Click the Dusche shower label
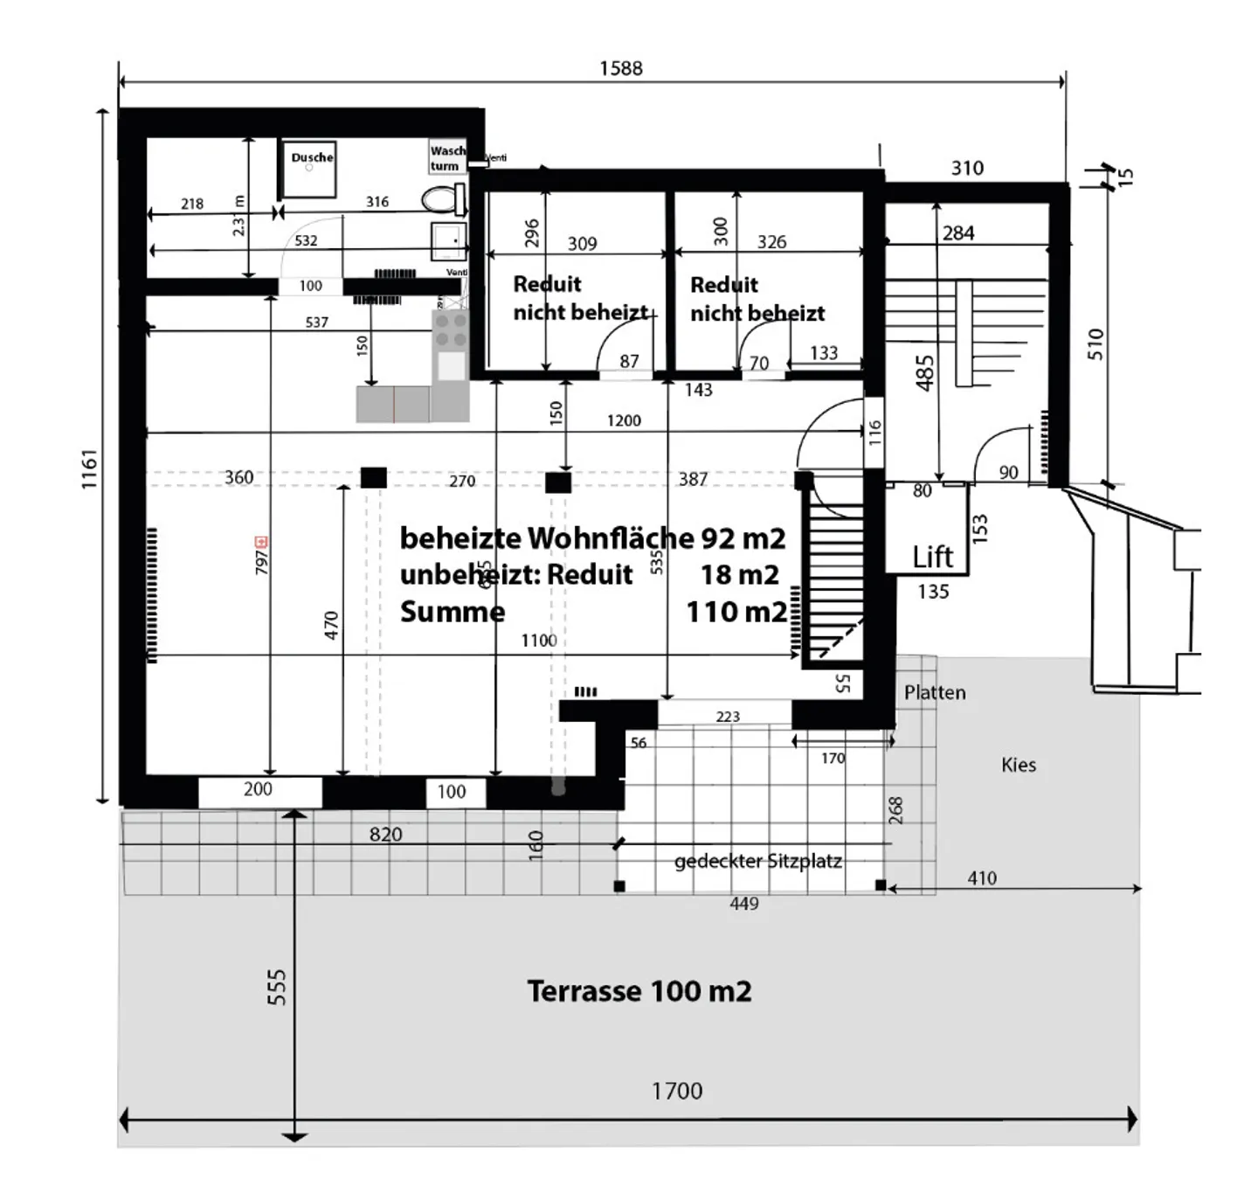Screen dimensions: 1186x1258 tap(312, 157)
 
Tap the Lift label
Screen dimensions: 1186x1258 tap(932, 557)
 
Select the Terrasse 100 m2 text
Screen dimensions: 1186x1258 tap(639, 991)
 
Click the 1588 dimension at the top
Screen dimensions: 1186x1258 tap(620, 68)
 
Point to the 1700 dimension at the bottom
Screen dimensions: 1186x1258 tap(676, 1091)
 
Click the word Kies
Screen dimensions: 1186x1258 tap(1018, 765)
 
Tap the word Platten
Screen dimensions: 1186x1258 tap(935, 692)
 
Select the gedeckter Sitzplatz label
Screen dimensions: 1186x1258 tap(757, 861)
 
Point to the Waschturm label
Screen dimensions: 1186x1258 tap(447, 158)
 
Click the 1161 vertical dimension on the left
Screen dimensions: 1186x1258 tap(90, 469)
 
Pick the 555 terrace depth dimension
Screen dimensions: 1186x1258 tap(276, 987)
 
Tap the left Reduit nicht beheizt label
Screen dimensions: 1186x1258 tap(580, 298)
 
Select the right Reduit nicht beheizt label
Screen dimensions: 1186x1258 tap(757, 299)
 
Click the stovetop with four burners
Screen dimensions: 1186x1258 tap(451, 330)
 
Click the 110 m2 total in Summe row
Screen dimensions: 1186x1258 tap(736, 611)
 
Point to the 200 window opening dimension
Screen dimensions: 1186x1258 tap(258, 788)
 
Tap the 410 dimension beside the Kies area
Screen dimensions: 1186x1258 tap(981, 877)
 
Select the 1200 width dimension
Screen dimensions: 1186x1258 tap(624, 420)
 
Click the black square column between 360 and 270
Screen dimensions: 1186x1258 tap(374, 477)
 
